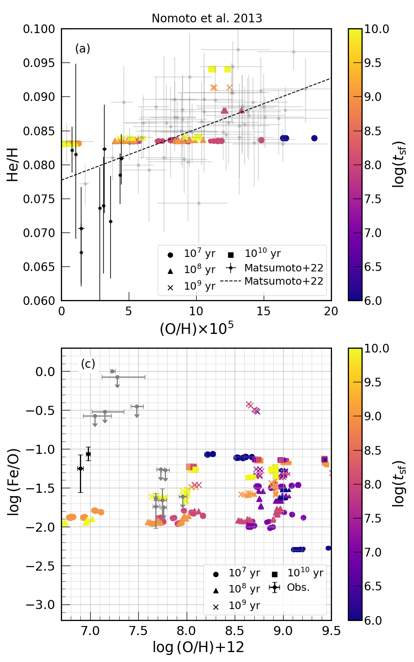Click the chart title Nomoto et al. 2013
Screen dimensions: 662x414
pos(207,19)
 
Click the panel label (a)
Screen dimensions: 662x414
pos(82,48)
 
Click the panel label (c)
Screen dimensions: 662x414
pos(88,364)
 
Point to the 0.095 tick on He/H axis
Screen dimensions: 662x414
pos(39,63)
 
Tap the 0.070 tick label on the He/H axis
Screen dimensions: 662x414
pos(39,233)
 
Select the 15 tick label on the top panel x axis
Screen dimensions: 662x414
pos(264,311)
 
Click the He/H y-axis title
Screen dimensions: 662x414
pos(12,165)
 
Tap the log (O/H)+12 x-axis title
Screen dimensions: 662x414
pos(198,647)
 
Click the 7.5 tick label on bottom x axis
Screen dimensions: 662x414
pos(138,631)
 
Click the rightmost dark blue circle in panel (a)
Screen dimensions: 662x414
pos(314,138)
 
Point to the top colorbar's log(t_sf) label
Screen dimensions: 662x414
pos(398,165)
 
